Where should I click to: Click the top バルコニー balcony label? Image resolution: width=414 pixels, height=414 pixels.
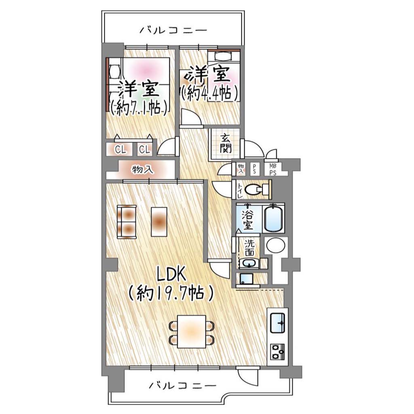173,30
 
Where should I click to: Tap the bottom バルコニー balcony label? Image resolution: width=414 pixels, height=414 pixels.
182,386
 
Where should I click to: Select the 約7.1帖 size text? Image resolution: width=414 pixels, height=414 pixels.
139,108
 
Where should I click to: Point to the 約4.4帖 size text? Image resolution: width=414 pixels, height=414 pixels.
209,93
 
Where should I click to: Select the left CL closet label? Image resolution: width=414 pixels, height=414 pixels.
120,150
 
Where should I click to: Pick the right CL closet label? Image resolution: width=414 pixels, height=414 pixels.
145,150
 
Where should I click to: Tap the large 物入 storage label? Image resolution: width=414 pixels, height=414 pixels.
143,169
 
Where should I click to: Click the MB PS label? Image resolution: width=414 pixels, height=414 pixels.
273,170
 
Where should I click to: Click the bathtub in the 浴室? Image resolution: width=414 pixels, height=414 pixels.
274,218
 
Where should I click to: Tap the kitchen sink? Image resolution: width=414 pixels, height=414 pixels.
277,323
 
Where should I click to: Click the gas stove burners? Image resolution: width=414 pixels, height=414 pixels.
277,352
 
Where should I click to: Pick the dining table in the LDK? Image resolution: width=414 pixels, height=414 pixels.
191,332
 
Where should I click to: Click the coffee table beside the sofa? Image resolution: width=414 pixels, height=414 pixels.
159,222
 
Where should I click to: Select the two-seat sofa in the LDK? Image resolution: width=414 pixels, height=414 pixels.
127,222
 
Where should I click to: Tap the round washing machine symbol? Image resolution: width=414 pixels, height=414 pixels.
276,245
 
